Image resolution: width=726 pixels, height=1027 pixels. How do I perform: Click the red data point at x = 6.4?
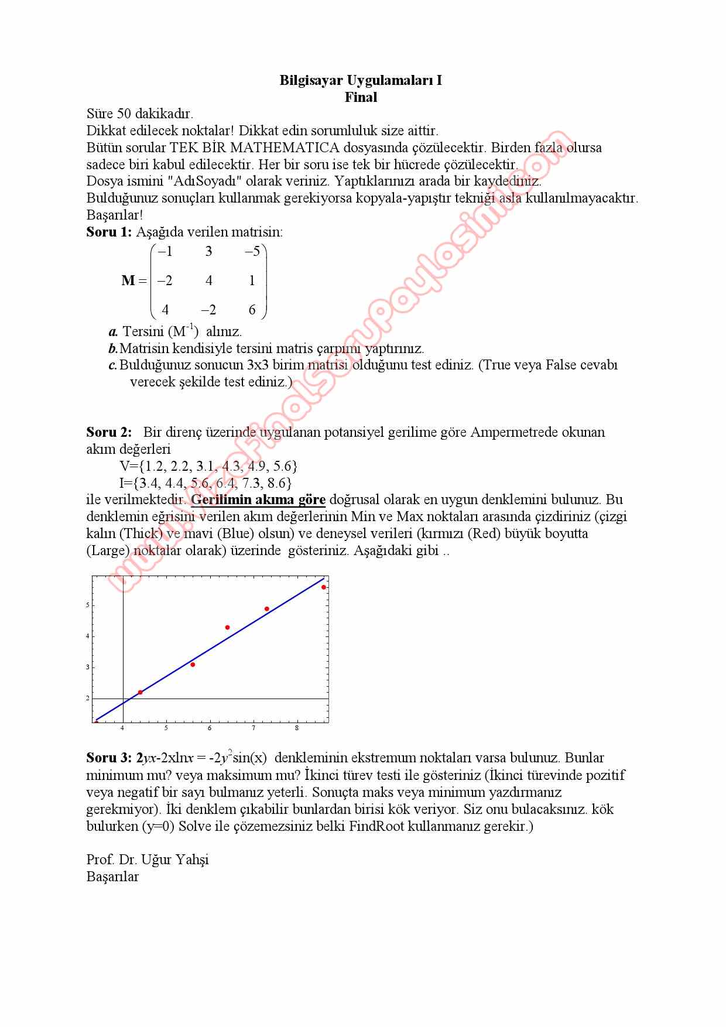[227, 628]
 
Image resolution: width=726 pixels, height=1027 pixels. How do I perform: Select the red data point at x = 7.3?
[266, 609]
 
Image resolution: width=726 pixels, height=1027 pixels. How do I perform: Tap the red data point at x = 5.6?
[193, 665]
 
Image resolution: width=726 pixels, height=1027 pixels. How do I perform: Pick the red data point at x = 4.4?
[140, 692]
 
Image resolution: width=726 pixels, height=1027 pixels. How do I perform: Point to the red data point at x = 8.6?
[323, 587]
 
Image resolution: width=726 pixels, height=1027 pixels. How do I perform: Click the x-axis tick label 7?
[254, 728]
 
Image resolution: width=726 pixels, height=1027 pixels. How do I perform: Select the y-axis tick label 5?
[88, 605]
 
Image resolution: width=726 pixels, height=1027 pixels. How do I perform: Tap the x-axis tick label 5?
[166, 728]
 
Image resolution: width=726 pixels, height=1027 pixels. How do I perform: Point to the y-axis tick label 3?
[88, 667]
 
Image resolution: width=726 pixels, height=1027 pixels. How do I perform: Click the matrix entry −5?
[252, 252]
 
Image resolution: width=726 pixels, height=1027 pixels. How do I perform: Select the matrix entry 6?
[252, 310]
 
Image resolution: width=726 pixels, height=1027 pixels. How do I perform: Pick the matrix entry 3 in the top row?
[208, 252]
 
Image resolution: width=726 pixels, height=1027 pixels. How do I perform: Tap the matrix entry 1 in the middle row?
[252, 280]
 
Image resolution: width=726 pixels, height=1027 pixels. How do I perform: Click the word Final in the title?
[361, 97]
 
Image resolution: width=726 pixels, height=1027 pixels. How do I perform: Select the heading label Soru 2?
[109, 432]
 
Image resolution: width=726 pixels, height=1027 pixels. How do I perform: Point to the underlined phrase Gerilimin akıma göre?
[258, 499]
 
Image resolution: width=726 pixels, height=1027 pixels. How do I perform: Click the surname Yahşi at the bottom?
[191, 860]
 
